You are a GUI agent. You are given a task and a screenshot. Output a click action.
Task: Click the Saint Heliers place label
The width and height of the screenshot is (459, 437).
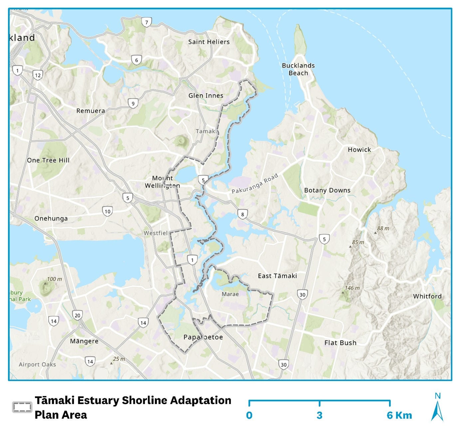tap(209, 42)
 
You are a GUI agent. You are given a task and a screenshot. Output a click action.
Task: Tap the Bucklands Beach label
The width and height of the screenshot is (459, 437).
tap(298, 69)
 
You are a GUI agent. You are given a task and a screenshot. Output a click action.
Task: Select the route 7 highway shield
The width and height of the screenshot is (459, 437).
tap(146, 23)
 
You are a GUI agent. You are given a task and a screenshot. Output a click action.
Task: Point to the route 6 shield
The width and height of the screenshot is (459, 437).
tap(136, 60)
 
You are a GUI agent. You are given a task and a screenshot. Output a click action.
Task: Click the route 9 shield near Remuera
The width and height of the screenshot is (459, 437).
tap(133, 104)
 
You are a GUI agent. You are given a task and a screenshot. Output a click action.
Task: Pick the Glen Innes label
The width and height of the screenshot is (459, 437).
tap(206, 96)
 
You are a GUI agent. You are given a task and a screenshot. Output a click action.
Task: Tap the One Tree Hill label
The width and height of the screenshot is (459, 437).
tap(48, 160)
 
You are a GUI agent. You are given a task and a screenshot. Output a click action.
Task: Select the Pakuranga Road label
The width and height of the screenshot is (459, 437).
tap(255, 184)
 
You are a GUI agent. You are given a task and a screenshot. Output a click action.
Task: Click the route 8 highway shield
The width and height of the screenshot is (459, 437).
tap(243, 214)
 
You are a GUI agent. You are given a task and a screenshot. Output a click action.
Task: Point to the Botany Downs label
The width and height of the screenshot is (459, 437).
tap(327, 190)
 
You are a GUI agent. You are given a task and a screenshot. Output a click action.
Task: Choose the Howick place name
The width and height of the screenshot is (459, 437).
tap(359, 150)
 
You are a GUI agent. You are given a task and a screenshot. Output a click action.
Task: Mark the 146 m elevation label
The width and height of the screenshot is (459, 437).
tap(352, 288)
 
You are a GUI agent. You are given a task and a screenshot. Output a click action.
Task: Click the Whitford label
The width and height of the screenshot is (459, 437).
tap(427, 296)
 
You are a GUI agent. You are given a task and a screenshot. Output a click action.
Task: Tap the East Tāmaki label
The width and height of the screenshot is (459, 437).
tap(277, 276)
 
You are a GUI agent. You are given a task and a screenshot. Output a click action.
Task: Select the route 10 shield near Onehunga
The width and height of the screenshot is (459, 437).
tap(108, 211)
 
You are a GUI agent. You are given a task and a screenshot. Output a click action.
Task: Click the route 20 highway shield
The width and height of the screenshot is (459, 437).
tap(78, 316)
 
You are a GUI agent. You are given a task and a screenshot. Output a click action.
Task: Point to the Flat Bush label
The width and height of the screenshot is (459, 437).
tap(340, 343)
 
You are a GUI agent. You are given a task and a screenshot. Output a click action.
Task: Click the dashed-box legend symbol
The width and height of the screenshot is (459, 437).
tap(22, 407)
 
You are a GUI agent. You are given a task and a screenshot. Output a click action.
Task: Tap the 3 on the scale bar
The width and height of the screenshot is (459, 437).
tap(319, 415)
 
